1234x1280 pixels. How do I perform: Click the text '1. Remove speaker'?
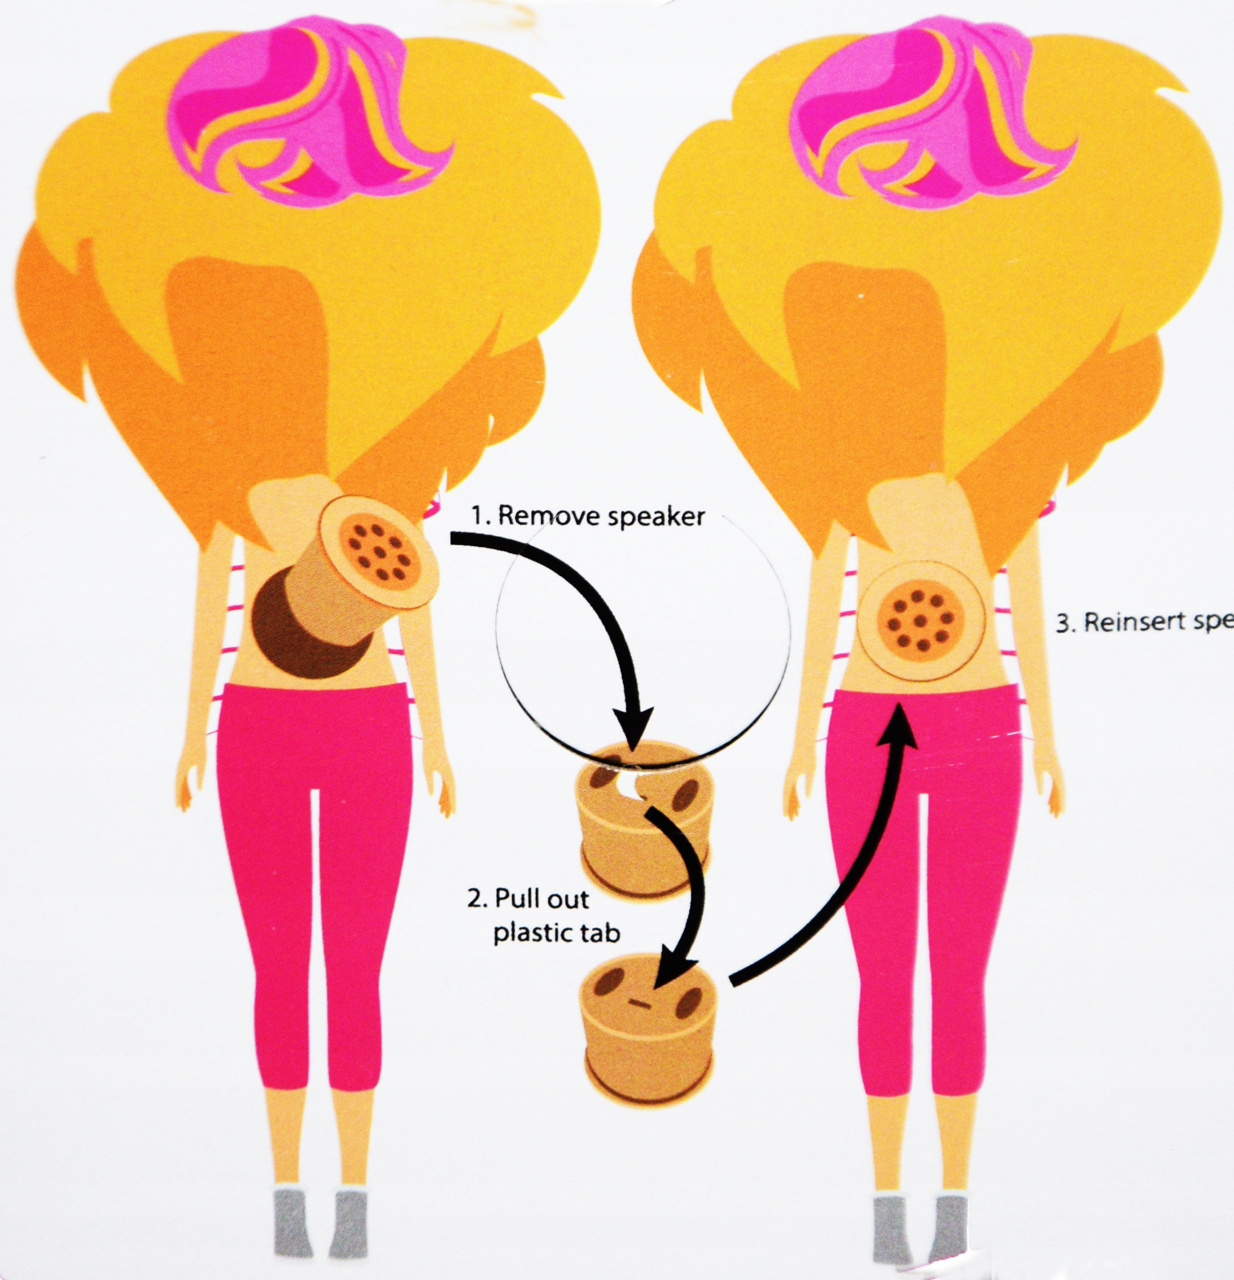(589, 516)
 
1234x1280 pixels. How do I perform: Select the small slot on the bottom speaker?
(640, 1002)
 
